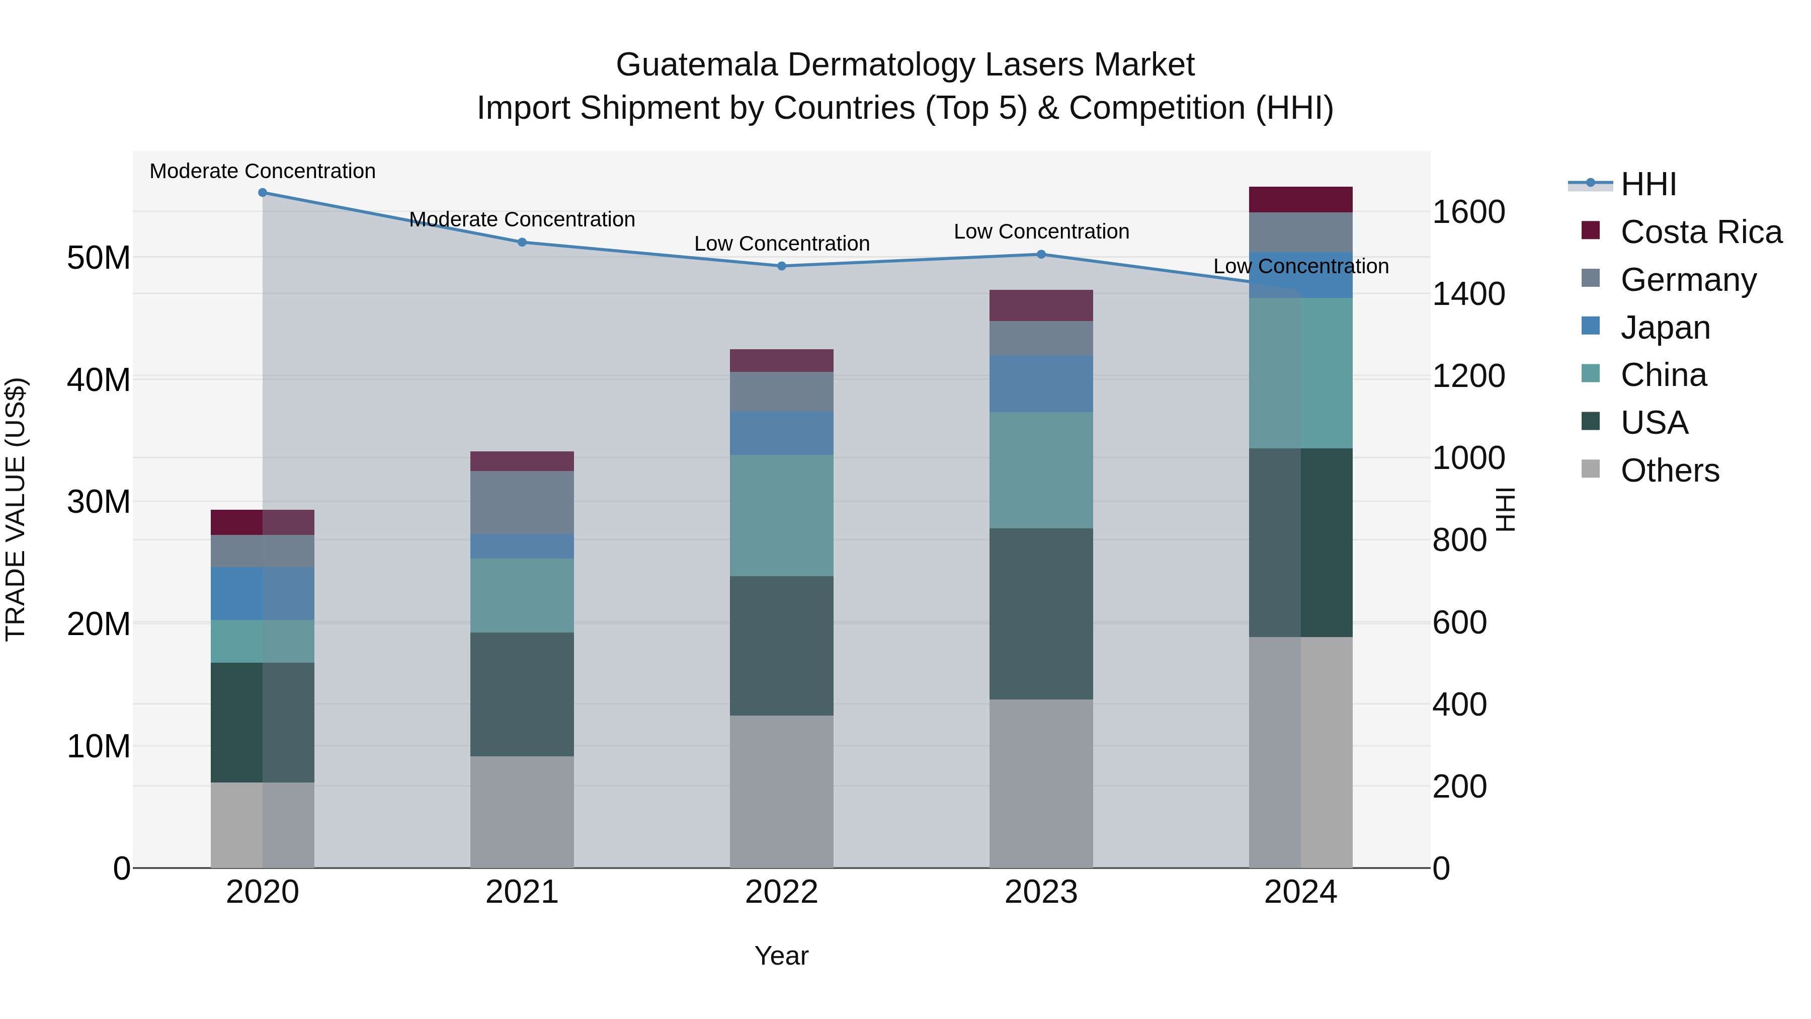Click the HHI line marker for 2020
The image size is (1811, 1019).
pyautogui.click(x=262, y=193)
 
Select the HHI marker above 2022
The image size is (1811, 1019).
pyautogui.click(x=781, y=266)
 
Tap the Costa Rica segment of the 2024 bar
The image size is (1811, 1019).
pyautogui.click(x=1300, y=200)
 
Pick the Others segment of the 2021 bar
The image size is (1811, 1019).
pyautogui.click(x=522, y=812)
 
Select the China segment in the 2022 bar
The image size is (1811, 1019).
pyautogui.click(x=781, y=515)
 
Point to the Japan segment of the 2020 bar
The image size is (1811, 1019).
pyautogui.click(x=262, y=594)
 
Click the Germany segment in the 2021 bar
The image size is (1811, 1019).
pyautogui.click(x=522, y=502)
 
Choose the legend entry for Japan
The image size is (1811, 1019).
pyautogui.click(x=1664, y=328)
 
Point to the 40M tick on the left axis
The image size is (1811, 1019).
pyautogui.click(x=99, y=380)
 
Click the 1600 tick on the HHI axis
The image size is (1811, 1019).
pyautogui.click(x=1468, y=212)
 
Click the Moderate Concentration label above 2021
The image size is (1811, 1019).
pyautogui.click(x=522, y=219)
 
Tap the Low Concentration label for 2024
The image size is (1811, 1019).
pyautogui.click(x=1300, y=267)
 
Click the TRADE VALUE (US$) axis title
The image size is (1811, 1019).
pyautogui.click(x=16, y=509)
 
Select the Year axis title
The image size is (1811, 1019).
pyautogui.click(x=781, y=956)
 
